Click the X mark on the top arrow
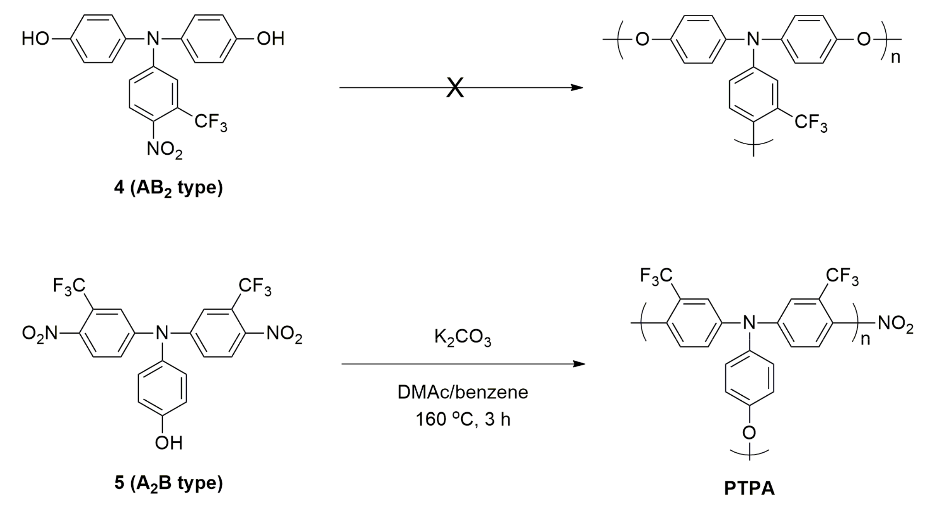pos(455,88)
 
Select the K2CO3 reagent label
pos(462,337)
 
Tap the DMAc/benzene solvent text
pos(462,392)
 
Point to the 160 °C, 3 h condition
pos(462,419)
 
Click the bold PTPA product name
pos(749,488)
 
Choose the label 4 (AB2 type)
pos(168,188)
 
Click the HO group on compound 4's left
pos(35,39)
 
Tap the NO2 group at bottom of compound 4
pos(164,149)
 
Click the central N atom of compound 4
pos(153,39)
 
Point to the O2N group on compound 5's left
pos(39,333)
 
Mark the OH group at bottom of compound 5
pos(168,442)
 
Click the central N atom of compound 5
pos(162,333)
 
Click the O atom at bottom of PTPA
pos(749,433)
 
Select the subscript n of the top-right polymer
pos(895,57)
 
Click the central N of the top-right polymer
pos(753,39)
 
